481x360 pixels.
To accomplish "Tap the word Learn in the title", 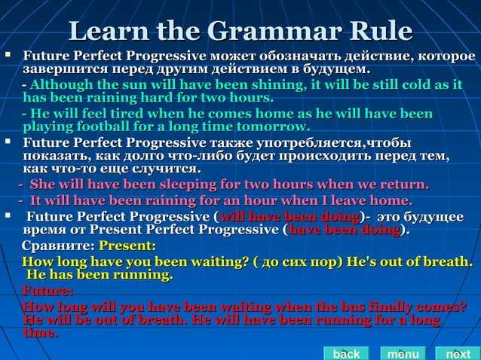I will (107, 31).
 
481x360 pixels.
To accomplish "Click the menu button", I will (403, 353).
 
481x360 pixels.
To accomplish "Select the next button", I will (458, 353).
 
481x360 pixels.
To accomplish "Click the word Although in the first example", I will (61, 85).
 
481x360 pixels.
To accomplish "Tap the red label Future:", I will (47, 291).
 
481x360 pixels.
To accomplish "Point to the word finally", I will (401, 307).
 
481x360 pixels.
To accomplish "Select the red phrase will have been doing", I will (289, 217).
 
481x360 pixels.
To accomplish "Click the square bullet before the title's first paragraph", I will (7, 56).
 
